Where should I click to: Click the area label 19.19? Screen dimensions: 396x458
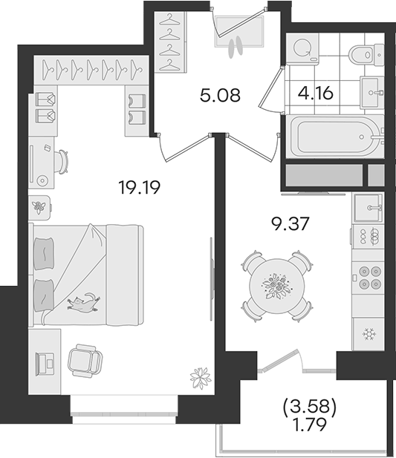tap(140, 187)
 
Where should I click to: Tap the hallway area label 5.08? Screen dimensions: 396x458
tap(220, 95)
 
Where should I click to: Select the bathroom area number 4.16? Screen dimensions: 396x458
tap(315, 94)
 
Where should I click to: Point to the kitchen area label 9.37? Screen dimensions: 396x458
tap(290, 224)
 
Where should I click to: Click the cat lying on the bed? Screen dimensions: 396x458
tap(83, 303)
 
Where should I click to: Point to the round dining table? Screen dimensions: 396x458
tap(276, 287)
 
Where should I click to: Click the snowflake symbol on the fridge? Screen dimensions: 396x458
tap(369, 334)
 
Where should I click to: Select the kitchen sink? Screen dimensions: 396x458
tap(368, 208)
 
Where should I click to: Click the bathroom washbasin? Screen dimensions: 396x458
tap(372, 93)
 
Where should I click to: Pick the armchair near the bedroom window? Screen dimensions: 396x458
tap(85, 361)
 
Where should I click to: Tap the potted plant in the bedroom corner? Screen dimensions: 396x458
tap(201, 378)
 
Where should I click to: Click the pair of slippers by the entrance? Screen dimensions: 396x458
tap(236, 45)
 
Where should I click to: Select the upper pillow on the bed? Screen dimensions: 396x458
tap(44, 253)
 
